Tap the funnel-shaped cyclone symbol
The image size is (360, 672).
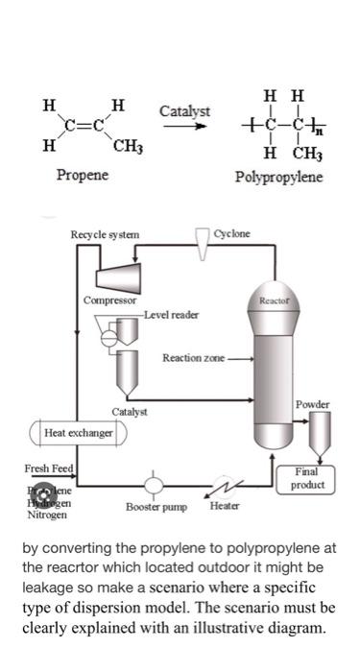(203, 246)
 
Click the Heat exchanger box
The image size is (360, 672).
(78, 433)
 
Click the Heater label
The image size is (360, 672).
(224, 505)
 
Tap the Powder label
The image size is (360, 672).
(312, 404)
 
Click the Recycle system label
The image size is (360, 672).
(105, 234)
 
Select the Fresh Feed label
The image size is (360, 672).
(47, 468)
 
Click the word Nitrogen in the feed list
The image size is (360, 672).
(47, 515)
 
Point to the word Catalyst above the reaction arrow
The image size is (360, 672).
(184, 112)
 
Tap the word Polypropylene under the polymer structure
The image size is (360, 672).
(278, 179)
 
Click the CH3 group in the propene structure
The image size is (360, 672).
(128, 147)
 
